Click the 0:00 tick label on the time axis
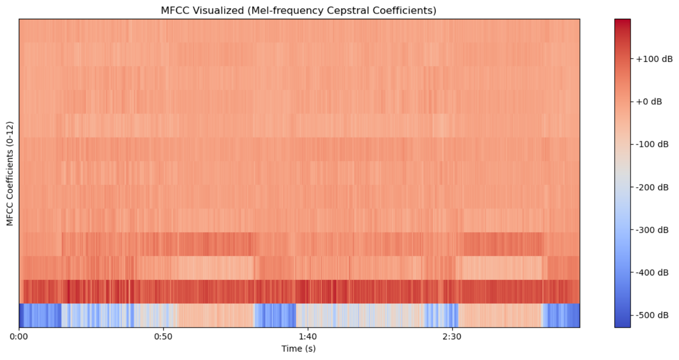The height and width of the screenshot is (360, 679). coord(19,337)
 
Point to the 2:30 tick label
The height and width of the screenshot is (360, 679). coord(451,337)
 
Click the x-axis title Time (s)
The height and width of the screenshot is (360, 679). coord(299,349)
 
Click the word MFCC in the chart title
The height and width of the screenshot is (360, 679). coord(172,10)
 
